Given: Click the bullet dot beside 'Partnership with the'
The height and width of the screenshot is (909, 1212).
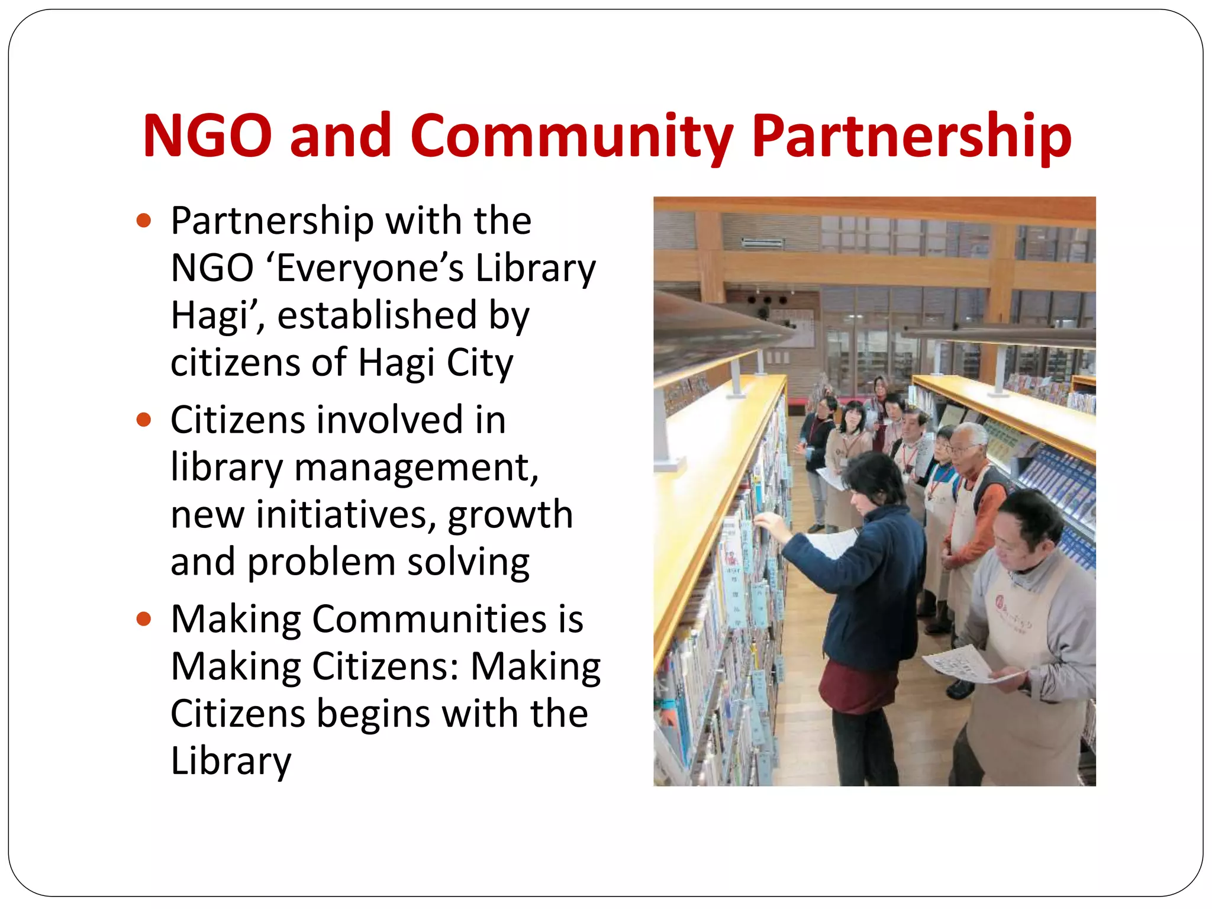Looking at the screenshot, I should click(144, 221).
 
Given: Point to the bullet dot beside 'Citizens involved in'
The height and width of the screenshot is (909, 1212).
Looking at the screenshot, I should click(144, 420).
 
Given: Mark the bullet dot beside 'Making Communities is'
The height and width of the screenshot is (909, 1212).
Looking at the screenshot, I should click(144, 620).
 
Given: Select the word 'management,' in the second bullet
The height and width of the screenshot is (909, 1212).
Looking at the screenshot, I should click(417, 468).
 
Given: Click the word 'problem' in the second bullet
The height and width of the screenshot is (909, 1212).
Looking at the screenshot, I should click(321, 562).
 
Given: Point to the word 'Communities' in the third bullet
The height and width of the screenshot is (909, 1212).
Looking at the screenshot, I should click(429, 620).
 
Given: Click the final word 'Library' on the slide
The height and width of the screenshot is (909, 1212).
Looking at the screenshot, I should click(231, 761).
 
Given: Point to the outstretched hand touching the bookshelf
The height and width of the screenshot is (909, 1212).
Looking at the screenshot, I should click(766, 521).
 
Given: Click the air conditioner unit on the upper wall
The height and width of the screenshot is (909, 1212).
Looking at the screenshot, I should click(763, 242).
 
